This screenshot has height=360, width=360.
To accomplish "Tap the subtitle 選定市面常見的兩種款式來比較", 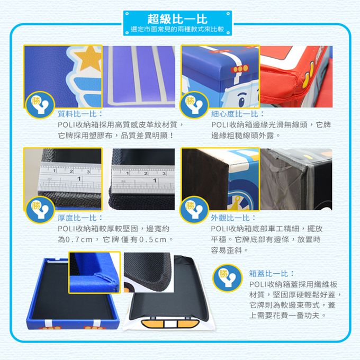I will pos(179,30).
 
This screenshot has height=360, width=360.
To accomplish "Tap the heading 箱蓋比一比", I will pos(272,274).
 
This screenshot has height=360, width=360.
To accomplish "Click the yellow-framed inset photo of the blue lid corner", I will pos(94,272).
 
